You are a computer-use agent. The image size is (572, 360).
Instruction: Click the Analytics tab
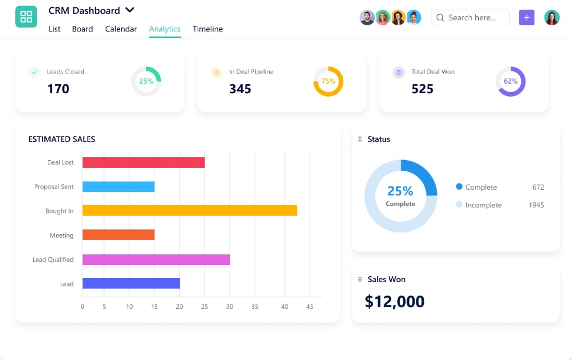165,29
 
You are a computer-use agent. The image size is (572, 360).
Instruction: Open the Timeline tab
207,29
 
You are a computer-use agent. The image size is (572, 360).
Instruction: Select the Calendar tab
121,29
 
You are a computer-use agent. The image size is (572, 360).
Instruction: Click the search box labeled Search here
471,17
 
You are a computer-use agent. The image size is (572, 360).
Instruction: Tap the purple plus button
526,17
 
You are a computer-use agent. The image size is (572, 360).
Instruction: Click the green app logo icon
26,17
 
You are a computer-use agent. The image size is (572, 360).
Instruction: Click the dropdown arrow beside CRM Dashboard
130,10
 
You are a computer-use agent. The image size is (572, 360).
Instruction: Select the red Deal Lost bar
143,162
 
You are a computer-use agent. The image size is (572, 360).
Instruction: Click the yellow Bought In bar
189,211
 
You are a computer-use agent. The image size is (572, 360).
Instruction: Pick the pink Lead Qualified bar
156,259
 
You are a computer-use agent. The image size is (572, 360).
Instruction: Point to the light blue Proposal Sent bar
118,186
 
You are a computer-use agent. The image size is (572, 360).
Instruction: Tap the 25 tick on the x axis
205,307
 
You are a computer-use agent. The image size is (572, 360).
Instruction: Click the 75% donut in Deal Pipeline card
328,81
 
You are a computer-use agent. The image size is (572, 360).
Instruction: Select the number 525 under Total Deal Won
422,89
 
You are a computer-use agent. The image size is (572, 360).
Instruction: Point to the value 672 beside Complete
538,188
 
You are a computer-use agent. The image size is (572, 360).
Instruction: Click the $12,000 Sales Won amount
394,302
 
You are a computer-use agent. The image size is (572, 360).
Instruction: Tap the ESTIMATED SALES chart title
62,139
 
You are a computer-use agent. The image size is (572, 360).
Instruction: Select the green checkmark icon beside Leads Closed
34,72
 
